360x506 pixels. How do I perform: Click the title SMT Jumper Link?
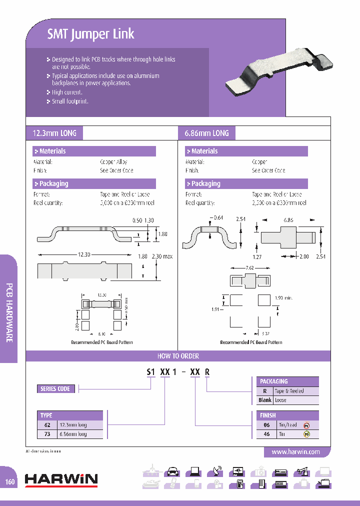tap(90, 34)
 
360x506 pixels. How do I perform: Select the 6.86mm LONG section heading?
tap(207, 133)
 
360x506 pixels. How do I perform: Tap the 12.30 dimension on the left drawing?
tap(84, 254)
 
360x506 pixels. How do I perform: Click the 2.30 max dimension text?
tap(162, 256)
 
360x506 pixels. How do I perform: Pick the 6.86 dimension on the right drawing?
tap(289, 219)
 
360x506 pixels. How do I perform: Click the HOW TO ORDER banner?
tap(178, 356)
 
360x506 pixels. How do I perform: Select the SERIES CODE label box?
tap(55, 388)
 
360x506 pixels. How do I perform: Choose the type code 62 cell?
tap(48, 425)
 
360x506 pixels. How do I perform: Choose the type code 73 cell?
tap(48, 434)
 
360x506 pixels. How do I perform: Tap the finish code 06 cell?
tap(266, 425)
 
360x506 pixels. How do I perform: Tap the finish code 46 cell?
tap(266, 434)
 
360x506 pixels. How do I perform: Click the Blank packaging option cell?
tap(265, 400)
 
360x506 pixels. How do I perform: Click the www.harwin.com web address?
tap(295, 451)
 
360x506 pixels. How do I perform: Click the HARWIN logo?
tap(61, 479)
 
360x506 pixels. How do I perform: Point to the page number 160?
tap(10, 482)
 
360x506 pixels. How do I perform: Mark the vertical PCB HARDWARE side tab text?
tap(9, 312)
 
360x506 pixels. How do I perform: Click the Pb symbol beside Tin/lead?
tap(307, 425)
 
